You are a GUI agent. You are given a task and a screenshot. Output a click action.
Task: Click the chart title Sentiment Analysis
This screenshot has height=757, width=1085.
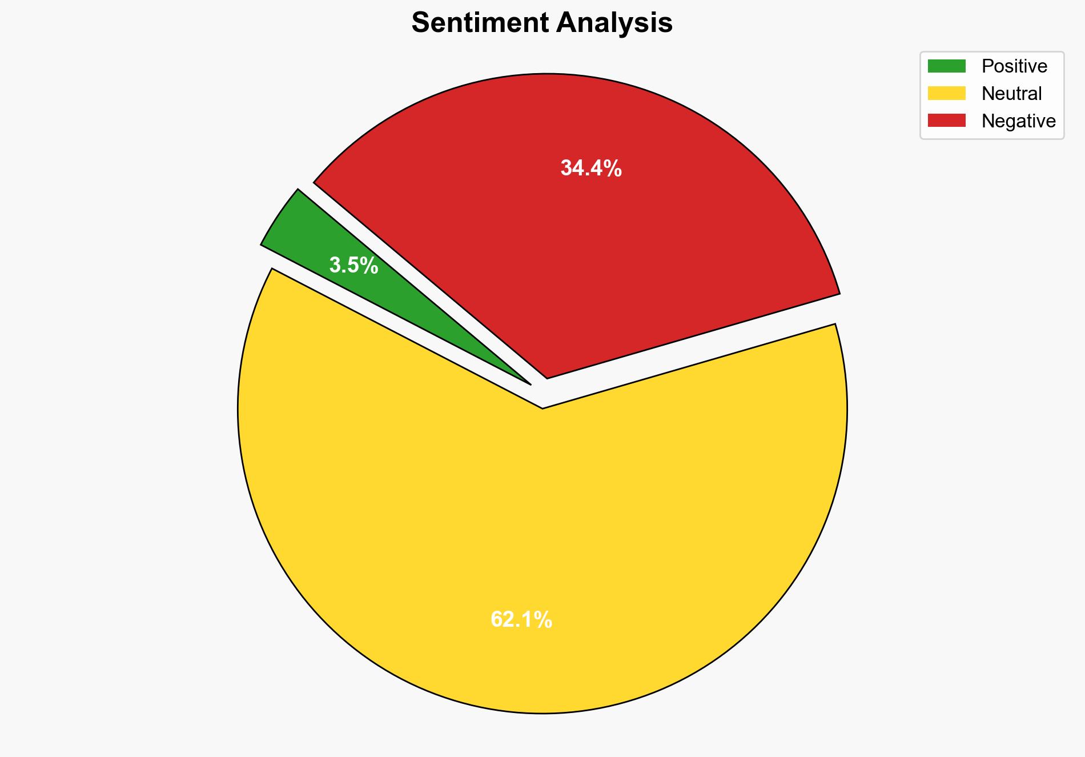click(542, 23)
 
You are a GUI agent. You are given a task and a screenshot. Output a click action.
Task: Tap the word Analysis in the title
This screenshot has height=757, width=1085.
click(615, 23)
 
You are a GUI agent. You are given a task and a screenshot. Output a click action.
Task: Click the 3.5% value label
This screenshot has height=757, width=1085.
click(353, 266)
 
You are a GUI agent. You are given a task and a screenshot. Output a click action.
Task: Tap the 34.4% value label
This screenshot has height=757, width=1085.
click(591, 169)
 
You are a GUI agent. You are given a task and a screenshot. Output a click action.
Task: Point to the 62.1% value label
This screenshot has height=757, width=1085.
click(521, 620)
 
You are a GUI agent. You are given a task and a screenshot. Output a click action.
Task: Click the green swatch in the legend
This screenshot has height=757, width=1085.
click(946, 66)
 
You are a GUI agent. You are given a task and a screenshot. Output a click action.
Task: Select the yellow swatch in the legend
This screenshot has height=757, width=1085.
click(946, 93)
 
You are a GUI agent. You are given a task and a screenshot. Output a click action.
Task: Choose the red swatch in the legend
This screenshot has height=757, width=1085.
click(946, 121)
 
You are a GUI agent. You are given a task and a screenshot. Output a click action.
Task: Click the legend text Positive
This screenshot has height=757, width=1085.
click(1014, 66)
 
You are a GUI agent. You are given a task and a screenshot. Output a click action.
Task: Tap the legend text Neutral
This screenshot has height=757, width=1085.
click(1011, 93)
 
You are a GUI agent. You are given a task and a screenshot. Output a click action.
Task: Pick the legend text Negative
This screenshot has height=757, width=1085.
click(1018, 121)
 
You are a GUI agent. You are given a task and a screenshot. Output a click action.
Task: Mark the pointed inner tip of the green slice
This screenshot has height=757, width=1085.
click(531, 384)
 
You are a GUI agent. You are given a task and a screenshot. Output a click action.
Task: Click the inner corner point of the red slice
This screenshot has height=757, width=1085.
click(547, 378)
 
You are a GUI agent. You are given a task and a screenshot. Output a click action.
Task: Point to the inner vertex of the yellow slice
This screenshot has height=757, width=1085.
click(542, 408)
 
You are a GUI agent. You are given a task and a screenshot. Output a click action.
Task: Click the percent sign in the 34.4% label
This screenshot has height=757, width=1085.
click(613, 169)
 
